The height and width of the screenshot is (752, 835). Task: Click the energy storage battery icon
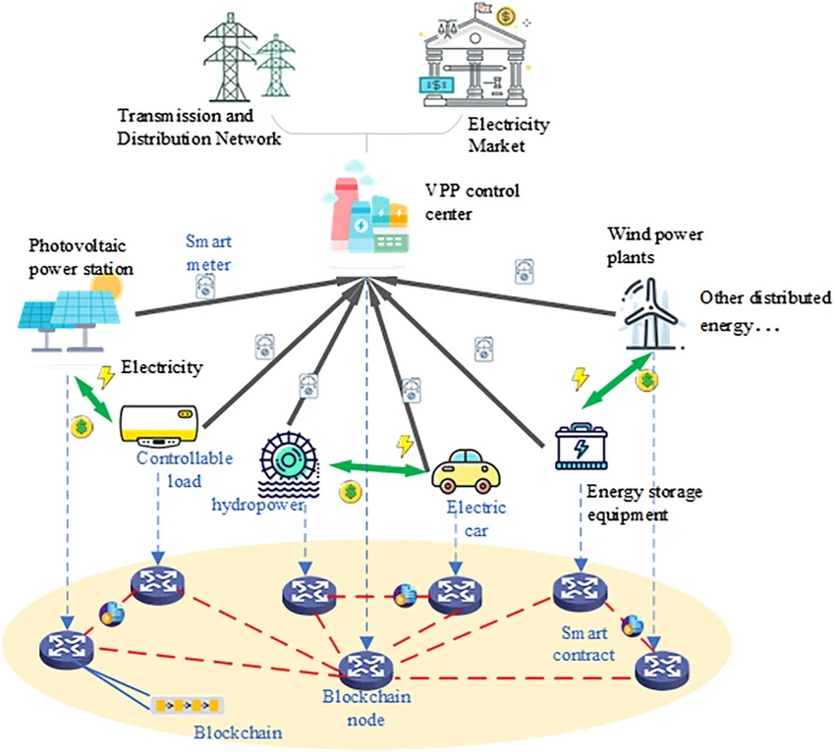pos(581,447)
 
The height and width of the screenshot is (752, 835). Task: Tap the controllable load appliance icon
pos(158,425)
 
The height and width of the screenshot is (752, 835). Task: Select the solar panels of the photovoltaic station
pos(70,314)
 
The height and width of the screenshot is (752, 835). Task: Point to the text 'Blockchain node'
pos(366,708)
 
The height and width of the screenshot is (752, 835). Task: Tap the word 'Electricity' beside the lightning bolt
pos(161,368)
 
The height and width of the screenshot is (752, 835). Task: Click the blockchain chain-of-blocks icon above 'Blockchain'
pos(187,705)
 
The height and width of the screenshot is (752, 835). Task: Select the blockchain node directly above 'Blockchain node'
pos(365,668)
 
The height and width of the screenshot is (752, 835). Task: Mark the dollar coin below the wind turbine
pos(647,378)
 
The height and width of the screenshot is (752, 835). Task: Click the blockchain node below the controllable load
pos(158,585)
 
